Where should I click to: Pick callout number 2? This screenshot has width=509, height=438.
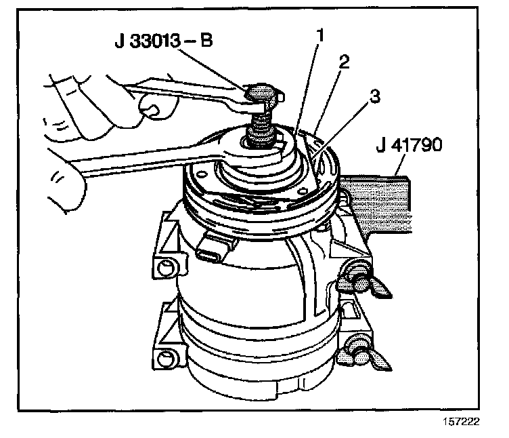(x=345, y=63)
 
